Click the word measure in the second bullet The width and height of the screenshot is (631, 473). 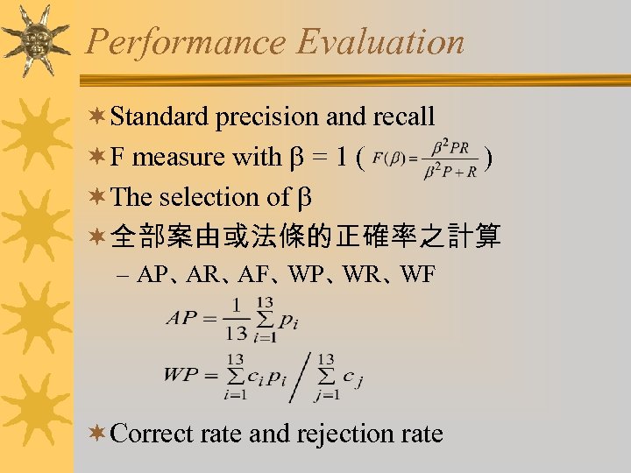[x=179, y=158]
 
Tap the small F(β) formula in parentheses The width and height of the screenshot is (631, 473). [x=424, y=159]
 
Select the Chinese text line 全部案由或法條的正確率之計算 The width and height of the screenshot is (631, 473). [x=307, y=236]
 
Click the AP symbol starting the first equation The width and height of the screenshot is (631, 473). [x=185, y=318]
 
